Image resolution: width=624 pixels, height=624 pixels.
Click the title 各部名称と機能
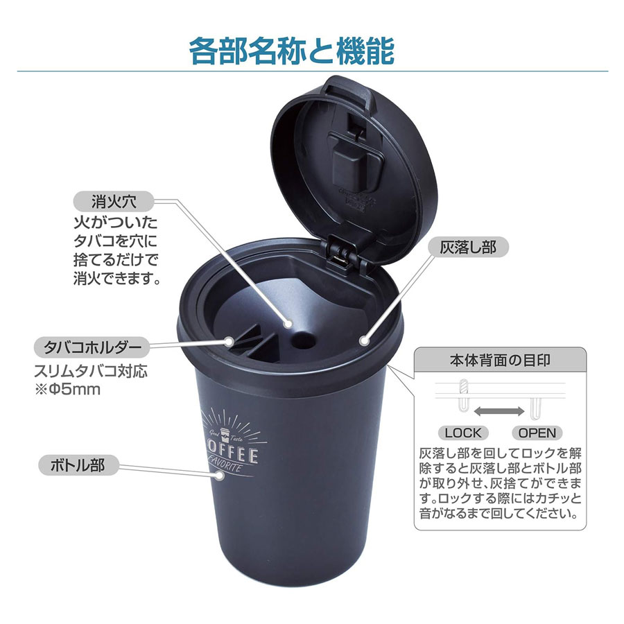(x=292, y=51)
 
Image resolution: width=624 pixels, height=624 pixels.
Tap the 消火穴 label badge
(x=114, y=201)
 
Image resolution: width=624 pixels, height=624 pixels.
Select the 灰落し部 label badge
(x=468, y=247)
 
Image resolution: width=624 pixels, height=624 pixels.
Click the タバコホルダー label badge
(x=92, y=347)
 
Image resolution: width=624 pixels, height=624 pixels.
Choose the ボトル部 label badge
(x=78, y=465)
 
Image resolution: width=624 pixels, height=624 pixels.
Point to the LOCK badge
(x=463, y=433)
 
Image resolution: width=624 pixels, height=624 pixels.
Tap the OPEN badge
(x=537, y=433)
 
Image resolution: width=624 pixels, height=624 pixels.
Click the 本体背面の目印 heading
(x=500, y=361)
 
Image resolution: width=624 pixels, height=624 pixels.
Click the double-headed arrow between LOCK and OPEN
(x=499, y=411)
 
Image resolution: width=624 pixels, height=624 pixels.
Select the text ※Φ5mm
(x=68, y=389)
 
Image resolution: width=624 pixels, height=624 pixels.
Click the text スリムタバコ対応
(x=91, y=370)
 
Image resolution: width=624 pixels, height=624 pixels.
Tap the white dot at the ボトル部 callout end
(x=219, y=475)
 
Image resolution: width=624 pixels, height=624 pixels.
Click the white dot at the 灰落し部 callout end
(x=363, y=340)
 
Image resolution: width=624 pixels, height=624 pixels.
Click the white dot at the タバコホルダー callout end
(x=229, y=341)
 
